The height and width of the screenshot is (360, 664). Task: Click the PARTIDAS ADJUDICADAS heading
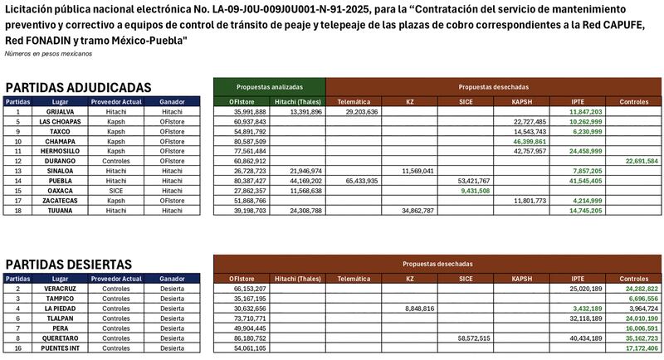pyautogui.click(x=78, y=87)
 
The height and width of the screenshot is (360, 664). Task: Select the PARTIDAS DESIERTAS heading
pyautogui.click(x=69, y=264)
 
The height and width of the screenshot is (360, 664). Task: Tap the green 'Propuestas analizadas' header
pyautogui.click(x=269, y=87)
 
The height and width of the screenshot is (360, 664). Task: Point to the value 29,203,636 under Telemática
pyautogui.click(x=363, y=111)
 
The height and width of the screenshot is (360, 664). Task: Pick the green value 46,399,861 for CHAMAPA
pyautogui.click(x=530, y=141)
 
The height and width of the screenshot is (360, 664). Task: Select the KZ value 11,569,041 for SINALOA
pyautogui.click(x=418, y=171)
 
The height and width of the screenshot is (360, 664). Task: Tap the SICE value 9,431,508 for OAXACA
pyautogui.click(x=474, y=191)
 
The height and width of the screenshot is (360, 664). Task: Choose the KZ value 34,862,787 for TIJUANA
pyautogui.click(x=418, y=211)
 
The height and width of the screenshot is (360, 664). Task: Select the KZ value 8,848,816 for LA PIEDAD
pyautogui.click(x=418, y=308)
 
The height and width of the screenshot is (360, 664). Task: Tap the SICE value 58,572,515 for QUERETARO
pyautogui.click(x=474, y=338)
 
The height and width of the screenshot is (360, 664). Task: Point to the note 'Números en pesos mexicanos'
pyautogui.click(x=48, y=53)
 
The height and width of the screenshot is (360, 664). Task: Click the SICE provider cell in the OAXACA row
pyautogui.click(x=115, y=191)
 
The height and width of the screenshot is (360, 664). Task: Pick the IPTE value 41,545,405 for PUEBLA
pyautogui.click(x=586, y=181)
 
